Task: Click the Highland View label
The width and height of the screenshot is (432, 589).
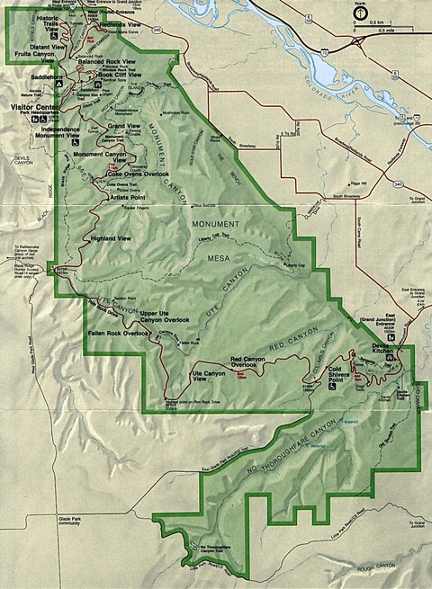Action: click(x=112, y=238)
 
